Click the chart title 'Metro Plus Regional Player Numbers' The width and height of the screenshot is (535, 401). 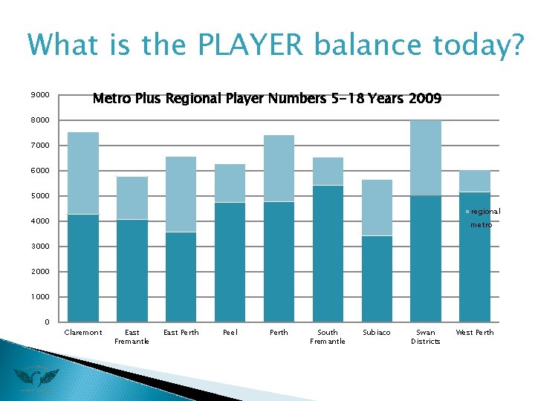[x=266, y=98]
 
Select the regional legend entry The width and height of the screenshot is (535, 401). [x=484, y=212]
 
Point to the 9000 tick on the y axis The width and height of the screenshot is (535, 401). [x=40, y=95]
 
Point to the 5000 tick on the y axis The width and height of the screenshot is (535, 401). [x=40, y=196]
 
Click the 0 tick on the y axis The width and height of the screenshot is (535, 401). [x=46, y=322]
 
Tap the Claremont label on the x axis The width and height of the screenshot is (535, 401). [x=83, y=333]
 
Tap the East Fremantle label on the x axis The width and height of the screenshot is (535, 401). [x=132, y=337]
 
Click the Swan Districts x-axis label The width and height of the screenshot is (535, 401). [x=426, y=337]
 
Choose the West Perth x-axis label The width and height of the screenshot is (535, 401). [x=474, y=333]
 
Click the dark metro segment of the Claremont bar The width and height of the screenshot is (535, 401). [x=83, y=267]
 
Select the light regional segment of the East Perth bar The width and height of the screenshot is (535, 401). [x=181, y=194]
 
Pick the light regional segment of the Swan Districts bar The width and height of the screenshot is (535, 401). [x=426, y=157]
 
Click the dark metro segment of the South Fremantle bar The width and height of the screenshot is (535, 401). [x=328, y=253]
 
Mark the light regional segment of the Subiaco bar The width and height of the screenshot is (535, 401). [x=377, y=207]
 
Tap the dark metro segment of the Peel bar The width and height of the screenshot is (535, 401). [x=230, y=261]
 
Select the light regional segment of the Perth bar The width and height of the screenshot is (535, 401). [x=279, y=168]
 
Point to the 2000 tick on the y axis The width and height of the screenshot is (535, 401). [x=40, y=272]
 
